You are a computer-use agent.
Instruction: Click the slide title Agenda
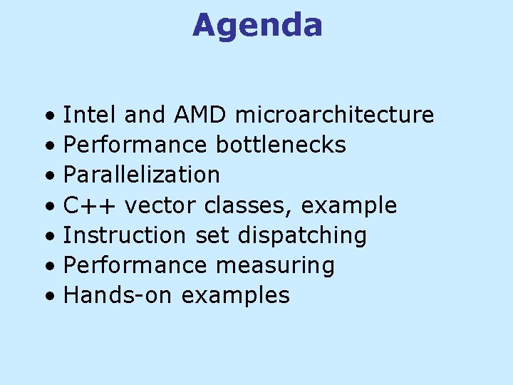click(257, 26)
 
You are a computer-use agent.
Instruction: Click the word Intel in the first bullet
click(90, 115)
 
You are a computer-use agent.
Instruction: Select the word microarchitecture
click(333, 115)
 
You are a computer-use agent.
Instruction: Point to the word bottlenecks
click(280, 145)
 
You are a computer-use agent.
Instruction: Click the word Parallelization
click(142, 175)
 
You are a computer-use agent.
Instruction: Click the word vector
click(162, 206)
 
